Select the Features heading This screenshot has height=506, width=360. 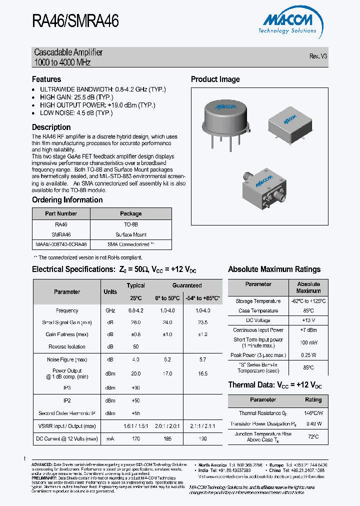pos(46,79)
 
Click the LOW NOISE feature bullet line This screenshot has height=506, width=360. pos(76,113)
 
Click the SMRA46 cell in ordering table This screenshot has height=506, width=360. pos(61,234)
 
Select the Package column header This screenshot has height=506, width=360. pos(131,213)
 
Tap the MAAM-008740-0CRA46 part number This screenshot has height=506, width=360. pos(61,244)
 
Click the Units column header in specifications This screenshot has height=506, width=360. pos(110,291)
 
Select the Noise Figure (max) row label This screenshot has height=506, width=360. pos(67,359)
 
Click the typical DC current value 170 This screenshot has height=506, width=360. pos(135,438)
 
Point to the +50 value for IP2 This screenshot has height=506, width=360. pos(135,401)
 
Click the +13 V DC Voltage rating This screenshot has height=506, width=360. pos(308,320)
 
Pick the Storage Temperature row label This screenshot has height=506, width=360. pos(258,301)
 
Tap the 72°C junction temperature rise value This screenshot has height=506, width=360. pos(313,436)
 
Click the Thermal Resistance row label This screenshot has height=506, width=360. pos(259,413)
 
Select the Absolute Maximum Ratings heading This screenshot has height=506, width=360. pos(274,269)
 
